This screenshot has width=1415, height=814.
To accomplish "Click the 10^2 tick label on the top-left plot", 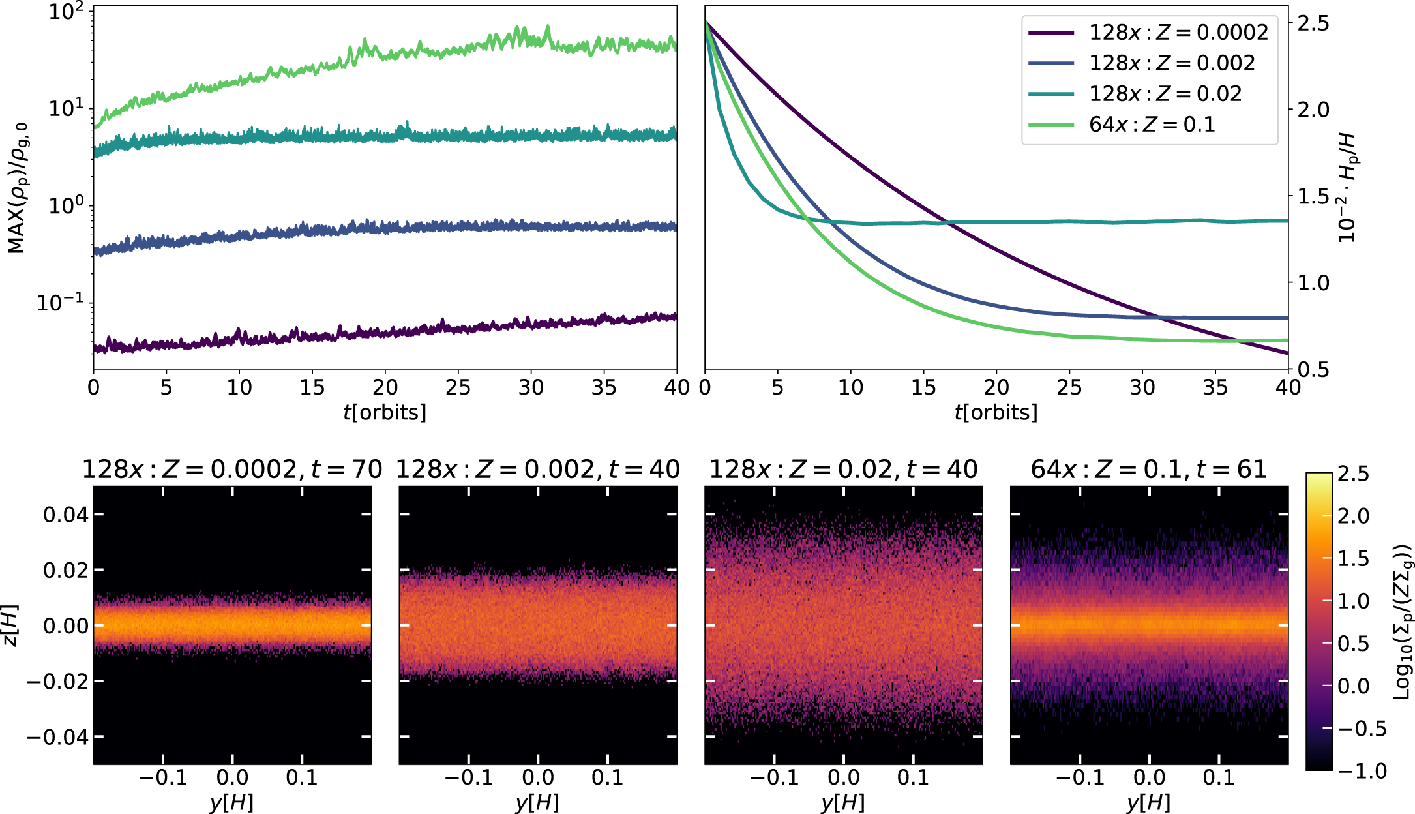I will click(x=67, y=12).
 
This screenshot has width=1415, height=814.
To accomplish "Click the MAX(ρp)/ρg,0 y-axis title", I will click(x=18, y=188).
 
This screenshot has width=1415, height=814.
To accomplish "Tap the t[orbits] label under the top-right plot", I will click(x=996, y=412).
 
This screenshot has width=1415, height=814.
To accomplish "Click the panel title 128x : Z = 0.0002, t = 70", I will click(x=231, y=469).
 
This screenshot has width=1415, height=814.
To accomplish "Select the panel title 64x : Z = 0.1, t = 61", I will click(x=1148, y=469).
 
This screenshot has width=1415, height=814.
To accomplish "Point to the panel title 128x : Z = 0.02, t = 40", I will click(x=843, y=469).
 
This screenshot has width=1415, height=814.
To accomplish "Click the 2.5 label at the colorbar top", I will click(x=1353, y=474).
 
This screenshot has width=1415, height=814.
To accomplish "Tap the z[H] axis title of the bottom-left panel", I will click(x=11, y=626).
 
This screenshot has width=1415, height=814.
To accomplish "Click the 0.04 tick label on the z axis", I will click(x=65, y=515).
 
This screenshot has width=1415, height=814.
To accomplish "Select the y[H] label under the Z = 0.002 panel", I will click(x=537, y=802).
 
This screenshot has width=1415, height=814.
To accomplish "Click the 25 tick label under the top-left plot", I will click(x=458, y=387).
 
